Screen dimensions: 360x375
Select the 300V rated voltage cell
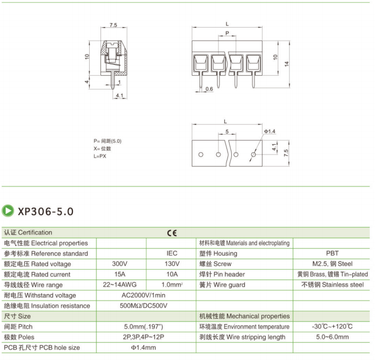(x=119, y=264)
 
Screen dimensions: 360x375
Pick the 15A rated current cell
(x=119, y=274)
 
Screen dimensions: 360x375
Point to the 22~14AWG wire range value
(x=119, y=285)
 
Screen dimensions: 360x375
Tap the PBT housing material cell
(x=332, y=254)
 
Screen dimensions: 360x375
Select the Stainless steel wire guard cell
(x=332, y=285)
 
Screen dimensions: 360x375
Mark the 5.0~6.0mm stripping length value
(x=332, y=337)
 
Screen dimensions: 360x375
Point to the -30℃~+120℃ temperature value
(x=332, y=327)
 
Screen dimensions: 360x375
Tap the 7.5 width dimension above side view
(x=113, y=25)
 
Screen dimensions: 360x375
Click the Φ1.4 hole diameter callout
(x=270, y=132)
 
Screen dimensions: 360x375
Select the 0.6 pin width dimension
(x=209, y=88)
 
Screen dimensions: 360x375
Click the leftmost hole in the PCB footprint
(x=200, y=155)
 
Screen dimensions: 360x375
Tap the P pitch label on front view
(x=227, y=34)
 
